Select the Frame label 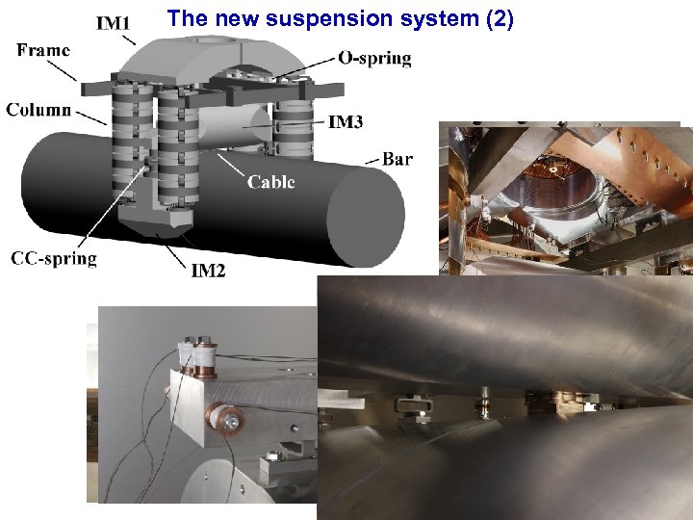43,51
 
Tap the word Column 38,109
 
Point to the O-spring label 374,58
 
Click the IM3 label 346,122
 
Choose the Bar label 398,159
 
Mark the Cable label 270,181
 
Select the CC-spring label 54,258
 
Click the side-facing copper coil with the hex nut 229,422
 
